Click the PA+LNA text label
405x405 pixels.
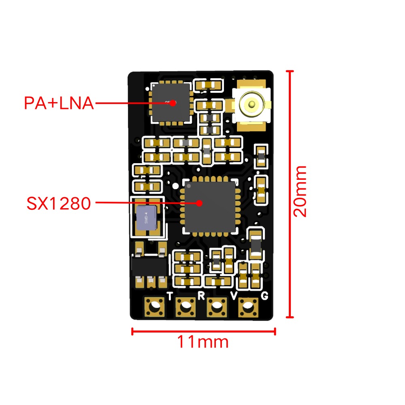59,103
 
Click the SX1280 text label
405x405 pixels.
59,203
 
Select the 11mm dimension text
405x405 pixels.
203,342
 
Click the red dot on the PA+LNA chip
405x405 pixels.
173,103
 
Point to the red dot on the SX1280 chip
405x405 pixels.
199,203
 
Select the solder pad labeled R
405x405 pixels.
185,308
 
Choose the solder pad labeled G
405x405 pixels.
247,308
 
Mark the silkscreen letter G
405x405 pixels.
264,296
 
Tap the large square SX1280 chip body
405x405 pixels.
210,207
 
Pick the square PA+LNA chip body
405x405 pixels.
171,103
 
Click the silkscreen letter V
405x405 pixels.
234,296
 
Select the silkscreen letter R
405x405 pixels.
201,295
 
